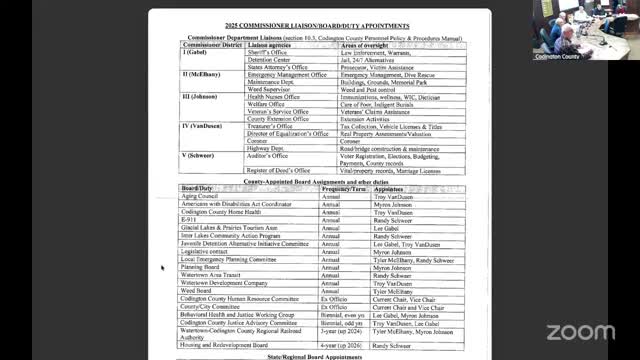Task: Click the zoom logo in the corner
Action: [x=581, y=331]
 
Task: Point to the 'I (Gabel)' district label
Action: [x=195, y=54]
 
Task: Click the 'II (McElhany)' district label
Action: [x=203, y=75]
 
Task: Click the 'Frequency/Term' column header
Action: [x=345, y=188]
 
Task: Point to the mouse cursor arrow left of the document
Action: [x=162, y=267]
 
